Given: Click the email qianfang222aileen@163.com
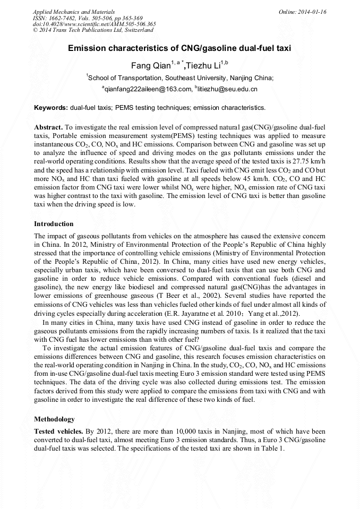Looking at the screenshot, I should coord(147,89).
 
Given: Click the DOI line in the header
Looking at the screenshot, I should coord(94,24).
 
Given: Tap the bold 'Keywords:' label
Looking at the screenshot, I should coord(51,108).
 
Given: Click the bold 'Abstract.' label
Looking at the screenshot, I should coord(49,128).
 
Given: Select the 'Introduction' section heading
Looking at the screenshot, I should coord(54,224).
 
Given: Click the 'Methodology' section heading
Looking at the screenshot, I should coord(54,419).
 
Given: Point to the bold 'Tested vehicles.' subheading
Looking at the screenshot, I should coord(58,432).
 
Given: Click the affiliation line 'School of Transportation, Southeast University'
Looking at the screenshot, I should coord(180,77).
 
